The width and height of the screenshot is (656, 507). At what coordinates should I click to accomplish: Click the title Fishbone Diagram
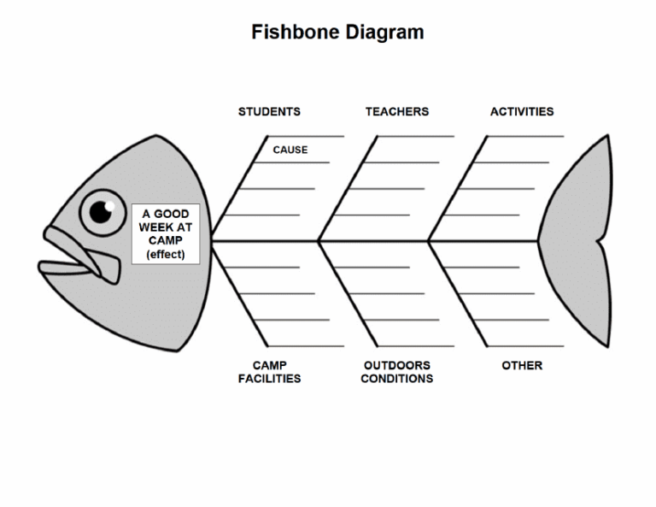(337, 33)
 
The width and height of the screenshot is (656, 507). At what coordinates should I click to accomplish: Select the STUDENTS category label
(269, 111)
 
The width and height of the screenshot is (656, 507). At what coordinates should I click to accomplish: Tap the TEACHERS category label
(397, 111)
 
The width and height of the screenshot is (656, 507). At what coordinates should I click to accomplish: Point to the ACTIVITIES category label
(522, 111)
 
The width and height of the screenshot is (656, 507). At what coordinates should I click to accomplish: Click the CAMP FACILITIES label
(269, 372)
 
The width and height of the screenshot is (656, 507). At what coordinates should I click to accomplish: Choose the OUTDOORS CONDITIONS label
(396, 372)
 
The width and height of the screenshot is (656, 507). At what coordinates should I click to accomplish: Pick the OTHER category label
(522, 366)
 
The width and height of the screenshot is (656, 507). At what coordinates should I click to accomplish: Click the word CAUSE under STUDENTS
(290, 150)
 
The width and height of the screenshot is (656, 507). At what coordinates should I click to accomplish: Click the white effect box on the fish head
(166, 233)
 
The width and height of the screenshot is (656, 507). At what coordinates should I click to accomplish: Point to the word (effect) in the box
(166, 255)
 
